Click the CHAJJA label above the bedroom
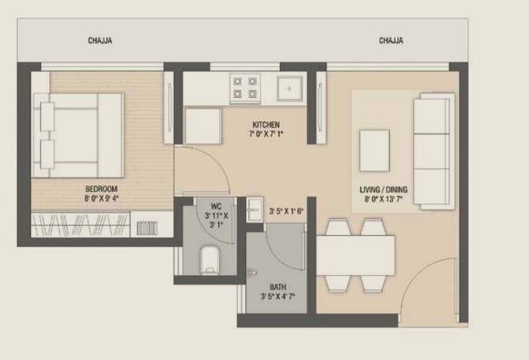coord(100,40)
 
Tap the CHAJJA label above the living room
coord(391,40)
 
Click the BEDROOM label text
coord(101,189)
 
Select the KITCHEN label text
coord(266,124)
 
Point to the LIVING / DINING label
coord(383,189)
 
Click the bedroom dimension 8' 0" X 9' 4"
coord(101,198)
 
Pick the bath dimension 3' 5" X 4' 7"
coord(278,297)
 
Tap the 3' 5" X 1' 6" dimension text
coord(286,212)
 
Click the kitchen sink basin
coord(289,89)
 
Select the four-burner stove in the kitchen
coord(245,88)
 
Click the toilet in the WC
coord(210,260)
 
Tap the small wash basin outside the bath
coord(255,210)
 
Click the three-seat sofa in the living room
coord(434,151)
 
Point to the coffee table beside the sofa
coord(374,151)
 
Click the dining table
coord(355,256)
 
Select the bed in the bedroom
coord(78,135)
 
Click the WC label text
coord(216,206)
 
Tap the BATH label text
coord(278,287)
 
